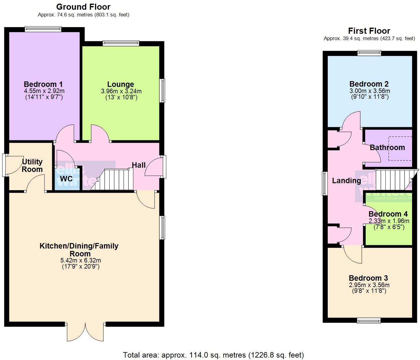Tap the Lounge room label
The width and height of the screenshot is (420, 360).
click(120, 84)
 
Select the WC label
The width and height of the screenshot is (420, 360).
click(66, 179)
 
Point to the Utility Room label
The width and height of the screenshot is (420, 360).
click(32, 166)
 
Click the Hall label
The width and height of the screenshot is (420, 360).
click(139, 165)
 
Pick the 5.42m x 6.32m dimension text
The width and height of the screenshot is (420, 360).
click(81, 260)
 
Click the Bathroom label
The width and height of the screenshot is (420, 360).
click(387, 148)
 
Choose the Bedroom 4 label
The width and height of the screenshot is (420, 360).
click(388, 214)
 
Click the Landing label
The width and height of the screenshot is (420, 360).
click(346, 181)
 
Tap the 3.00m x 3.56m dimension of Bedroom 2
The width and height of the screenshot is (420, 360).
click(369, 91)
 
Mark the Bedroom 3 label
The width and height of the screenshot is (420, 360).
click(368, 278)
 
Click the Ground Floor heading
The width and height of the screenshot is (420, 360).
click(83, 7)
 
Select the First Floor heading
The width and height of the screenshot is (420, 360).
click(369, 31)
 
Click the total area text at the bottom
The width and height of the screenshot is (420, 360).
click(213, 355)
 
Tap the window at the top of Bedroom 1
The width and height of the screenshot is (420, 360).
click(43, 29)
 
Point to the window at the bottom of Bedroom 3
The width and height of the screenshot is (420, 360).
click(369, 320)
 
